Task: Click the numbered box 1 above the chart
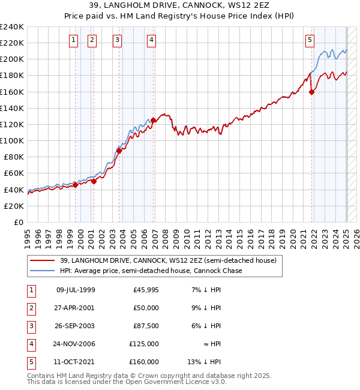pyautogui.click(x=73, y=40)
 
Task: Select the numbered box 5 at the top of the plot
pyautogui.click(x=310, y=40)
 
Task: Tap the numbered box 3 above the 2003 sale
pyautogui.click(x=116, y=40)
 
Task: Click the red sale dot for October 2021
pyautogui.click(x=312, y=92)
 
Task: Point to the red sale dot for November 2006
pyautogui.click(x=153, y=120)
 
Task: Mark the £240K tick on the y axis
pyautogui.click(x=12, y=27)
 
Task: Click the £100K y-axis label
pyautogui.click(x=12, y=140)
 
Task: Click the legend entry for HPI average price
pyautogui.click(x=150, y=271)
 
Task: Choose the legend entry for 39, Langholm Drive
pyautogui.click(x=167, y=260)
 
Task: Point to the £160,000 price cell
pyautogui.click(x=144, y=362)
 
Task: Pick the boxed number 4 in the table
pyautogui.click(x=30, y=344)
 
